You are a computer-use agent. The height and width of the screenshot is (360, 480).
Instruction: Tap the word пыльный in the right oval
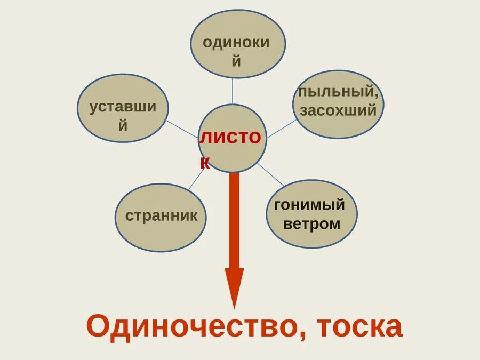pos(338,91)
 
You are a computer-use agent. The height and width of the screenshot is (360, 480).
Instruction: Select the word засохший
pos(338,110)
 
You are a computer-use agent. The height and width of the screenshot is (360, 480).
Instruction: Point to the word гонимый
pos(309,204)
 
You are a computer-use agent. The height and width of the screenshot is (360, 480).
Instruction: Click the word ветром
pos(311,223)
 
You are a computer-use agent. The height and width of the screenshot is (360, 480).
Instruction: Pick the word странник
pos(162,216)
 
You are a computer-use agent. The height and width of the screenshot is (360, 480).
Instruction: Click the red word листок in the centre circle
pos(230,138)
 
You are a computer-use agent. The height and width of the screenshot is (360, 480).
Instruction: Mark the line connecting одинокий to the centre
pos(232,91)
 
